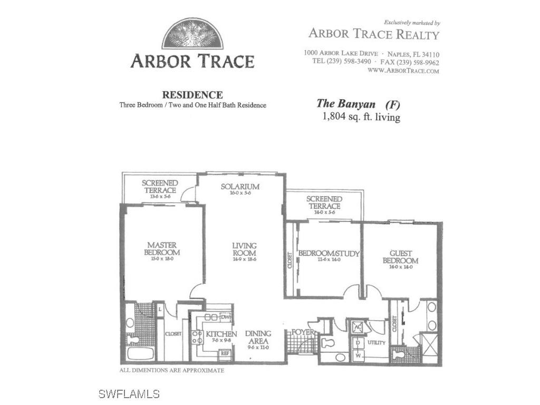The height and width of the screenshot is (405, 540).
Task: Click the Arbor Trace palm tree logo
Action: click(x=192, y=34)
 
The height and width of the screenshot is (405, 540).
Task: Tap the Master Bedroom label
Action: click(x=162, y=249)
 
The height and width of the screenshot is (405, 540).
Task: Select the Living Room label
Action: click(x=245, y=249)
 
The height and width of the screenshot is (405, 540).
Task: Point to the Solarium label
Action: click(x=240, y=187)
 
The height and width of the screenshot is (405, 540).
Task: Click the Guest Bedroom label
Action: click(x=400, y=257)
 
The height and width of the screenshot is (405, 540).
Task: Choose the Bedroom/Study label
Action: click(x=329, y=254)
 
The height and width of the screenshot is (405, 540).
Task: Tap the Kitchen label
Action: click(x=221, y=334)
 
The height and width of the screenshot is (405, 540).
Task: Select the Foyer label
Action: click(x=303, y=332)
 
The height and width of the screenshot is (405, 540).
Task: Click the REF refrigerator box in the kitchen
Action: click(x=225, y=353)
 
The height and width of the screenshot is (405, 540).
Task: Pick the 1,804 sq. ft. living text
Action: click(x=361, y=117)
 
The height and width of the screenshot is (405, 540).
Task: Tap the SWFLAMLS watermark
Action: click(x=129, y=394)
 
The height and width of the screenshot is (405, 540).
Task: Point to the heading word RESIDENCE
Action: click(x=192, y=95)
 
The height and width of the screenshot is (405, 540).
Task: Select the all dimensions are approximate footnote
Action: click(x=172, y=371)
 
